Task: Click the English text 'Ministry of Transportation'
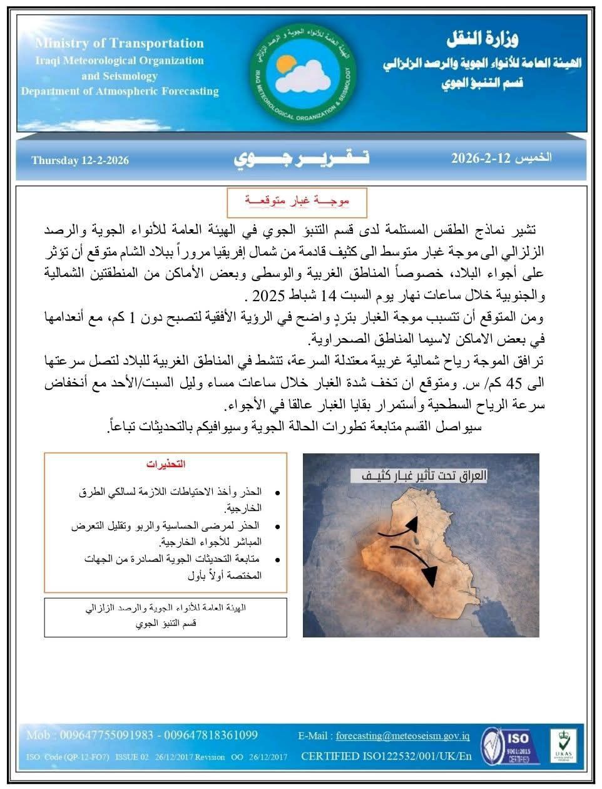[120, 43]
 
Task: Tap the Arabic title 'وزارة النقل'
[483, 40]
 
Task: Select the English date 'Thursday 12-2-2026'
[80, 160]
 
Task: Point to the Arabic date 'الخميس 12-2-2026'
[501, 158]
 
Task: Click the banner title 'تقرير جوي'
[302, 159]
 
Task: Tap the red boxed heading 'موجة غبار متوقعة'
[297, 202]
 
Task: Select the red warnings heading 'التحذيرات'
[166, 465]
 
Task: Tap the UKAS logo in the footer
[563, 745]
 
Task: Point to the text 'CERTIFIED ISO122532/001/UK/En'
[386, 756]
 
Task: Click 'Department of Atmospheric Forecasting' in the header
[120, 91]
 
